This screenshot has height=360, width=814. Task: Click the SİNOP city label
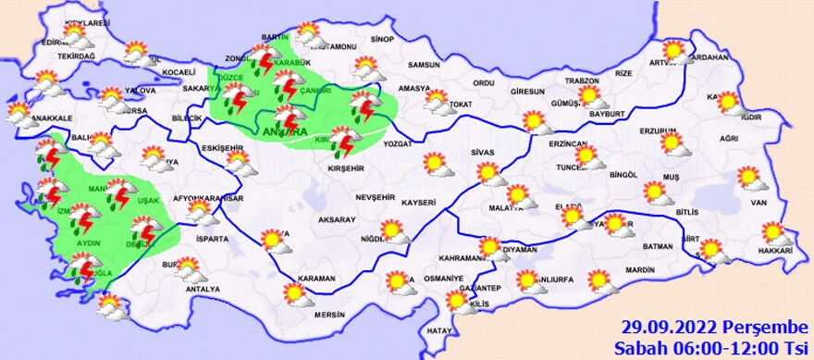(381, 40)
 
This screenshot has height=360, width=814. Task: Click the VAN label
(759, 203)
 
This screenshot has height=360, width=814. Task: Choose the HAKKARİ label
(774, 252)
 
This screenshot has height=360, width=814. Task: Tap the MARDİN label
(639, 270)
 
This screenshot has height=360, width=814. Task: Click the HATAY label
(439, 330)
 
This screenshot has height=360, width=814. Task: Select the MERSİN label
(327, 314)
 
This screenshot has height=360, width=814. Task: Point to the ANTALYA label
(203, 290)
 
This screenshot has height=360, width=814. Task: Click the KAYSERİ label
(419, 201)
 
